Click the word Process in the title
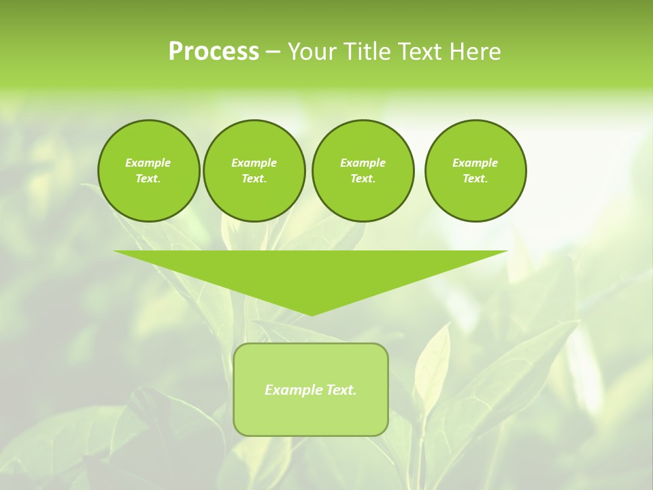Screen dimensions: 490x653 [x=214, y=52]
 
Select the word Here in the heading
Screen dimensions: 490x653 [x=475, y=52]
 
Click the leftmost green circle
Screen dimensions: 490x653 [x=148, y=171]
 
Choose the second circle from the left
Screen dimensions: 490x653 [x=254, y=171]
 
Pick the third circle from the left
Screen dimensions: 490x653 [x=363, y=171]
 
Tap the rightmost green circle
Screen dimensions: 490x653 [x=475, y=171]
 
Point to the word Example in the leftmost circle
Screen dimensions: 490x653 [x=148, y=163]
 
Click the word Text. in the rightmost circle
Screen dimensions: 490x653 [x=475, y=179]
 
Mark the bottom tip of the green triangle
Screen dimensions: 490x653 [x=312, y=314]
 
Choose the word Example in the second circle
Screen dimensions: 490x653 [x=254, y=163]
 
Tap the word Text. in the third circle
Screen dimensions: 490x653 [x=363, y=179]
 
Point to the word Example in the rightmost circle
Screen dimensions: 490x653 [x=475, y=163]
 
